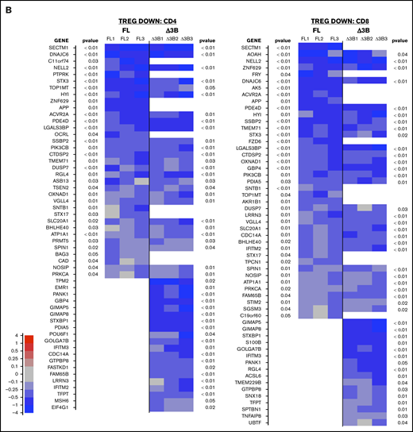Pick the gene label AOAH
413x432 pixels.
click(x=256, y=54)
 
